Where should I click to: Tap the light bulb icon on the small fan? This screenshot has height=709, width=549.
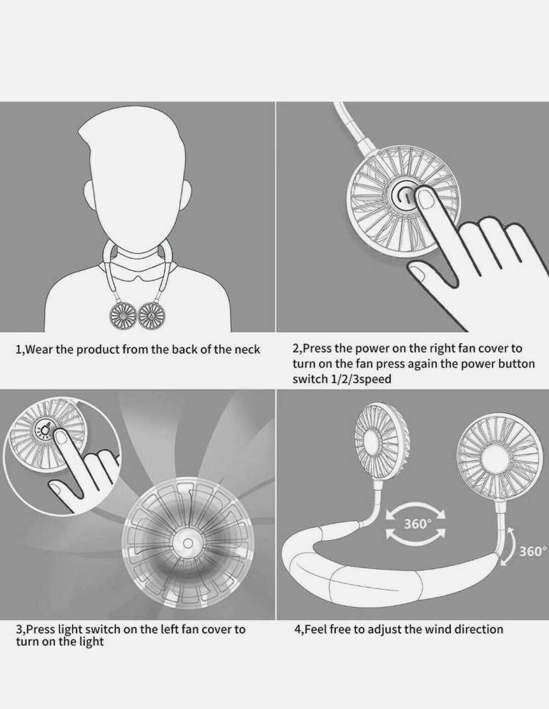(45, 430)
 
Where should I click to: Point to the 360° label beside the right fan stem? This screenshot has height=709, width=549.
(533, 551)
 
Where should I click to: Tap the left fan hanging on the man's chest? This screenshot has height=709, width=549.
(123, 316)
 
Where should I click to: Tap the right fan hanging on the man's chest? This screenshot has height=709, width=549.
(152, 316)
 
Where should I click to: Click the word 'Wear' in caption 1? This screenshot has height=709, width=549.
(40, 349)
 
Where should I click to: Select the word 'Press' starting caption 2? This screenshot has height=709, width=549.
(316, 349)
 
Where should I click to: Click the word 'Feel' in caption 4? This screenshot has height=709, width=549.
(316, 629)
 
